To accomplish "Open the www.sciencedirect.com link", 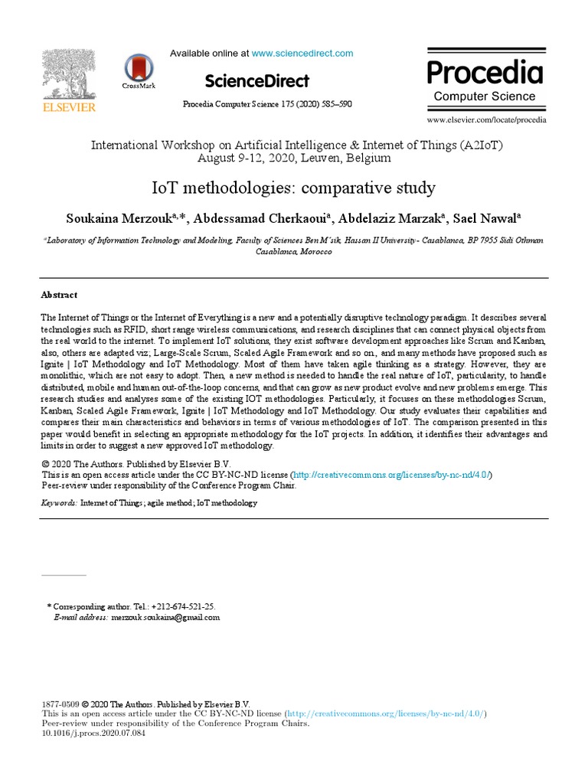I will pos(302,54).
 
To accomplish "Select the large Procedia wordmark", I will pos(485,73).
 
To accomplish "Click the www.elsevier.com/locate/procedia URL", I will pos(487,120).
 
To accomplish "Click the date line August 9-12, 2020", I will pos(294,158).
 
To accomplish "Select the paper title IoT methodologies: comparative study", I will pos(294,188).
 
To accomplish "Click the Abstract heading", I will pos(59,295).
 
